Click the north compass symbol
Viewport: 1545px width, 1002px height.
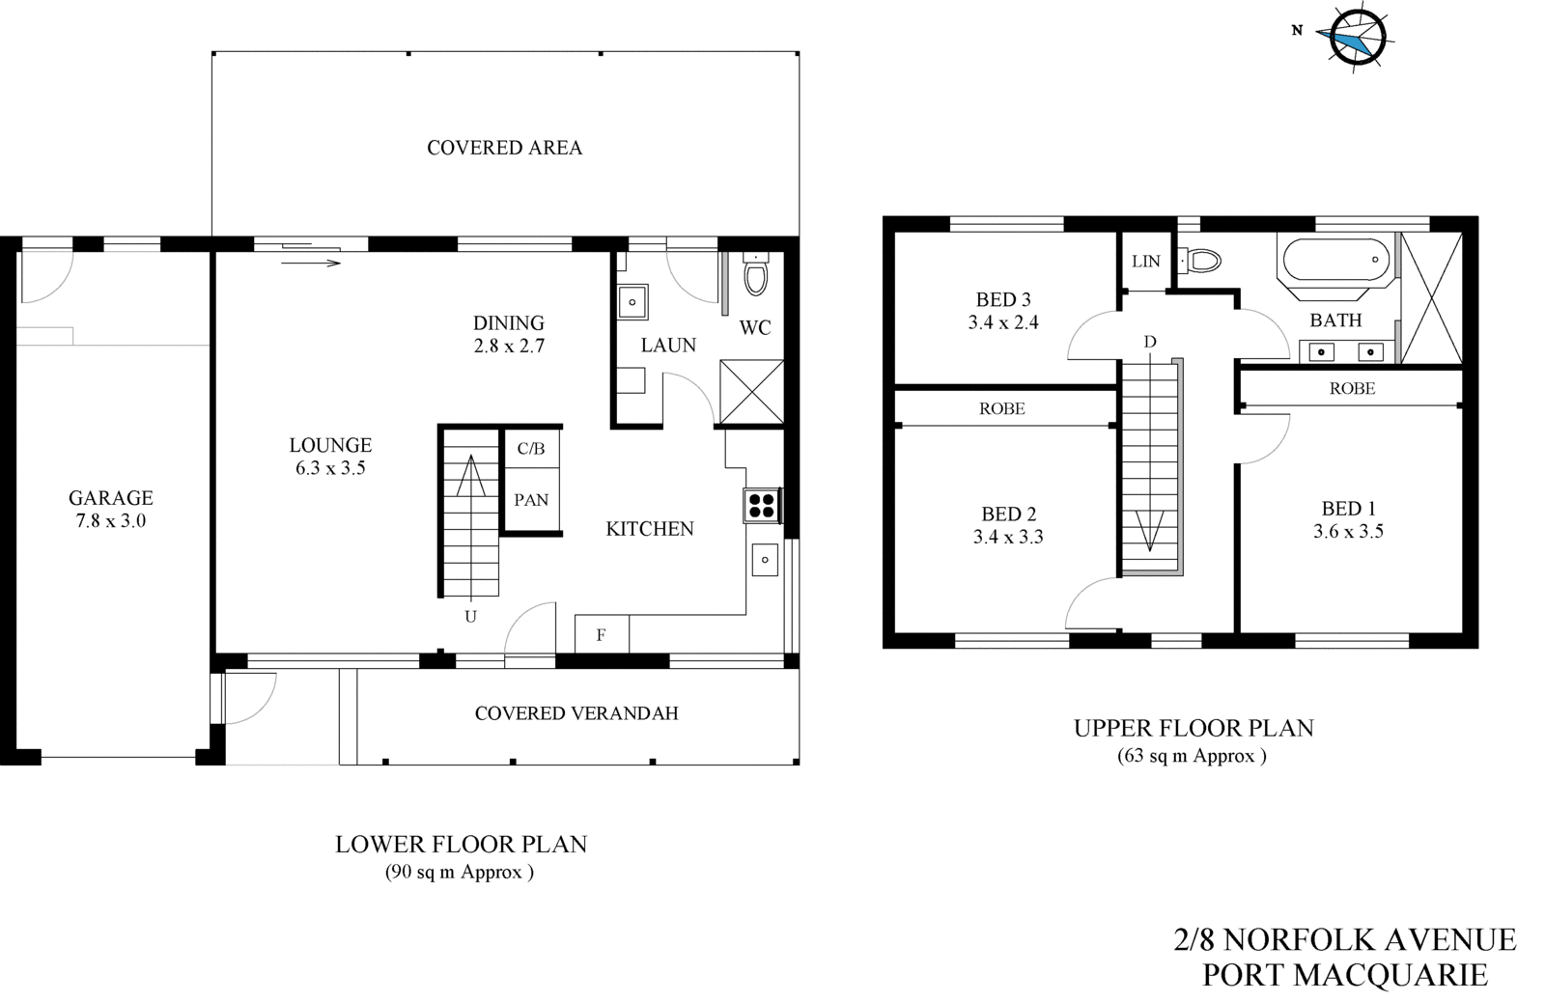click(1356, 40)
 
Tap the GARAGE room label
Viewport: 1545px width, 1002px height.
click(110, 498)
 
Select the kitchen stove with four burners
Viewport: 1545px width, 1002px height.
click(762, 506)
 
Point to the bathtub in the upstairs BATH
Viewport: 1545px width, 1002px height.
click(1336, 260)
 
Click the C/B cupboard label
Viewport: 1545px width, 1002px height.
click(531, 449)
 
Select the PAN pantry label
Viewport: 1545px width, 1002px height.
click(531, 500)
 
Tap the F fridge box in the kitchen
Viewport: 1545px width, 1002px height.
click(602, 634)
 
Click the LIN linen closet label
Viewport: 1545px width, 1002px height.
click(1145, 262)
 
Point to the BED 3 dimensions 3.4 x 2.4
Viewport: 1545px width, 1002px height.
click(1003, 323)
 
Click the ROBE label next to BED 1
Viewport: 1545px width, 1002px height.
click(1352, 389)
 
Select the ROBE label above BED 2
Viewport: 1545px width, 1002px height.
click(1001, 409)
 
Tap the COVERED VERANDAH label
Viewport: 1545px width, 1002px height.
click(576, 713)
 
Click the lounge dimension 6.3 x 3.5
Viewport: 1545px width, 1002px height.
click(330, 469)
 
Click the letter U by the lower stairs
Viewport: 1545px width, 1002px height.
click(470, 617)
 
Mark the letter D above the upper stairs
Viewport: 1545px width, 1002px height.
click(1149, 342)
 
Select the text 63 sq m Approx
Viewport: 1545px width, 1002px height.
click(1192, 756)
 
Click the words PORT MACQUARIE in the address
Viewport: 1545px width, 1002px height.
click(1344, 975)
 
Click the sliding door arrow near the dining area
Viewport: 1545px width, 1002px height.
click(311, 262)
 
